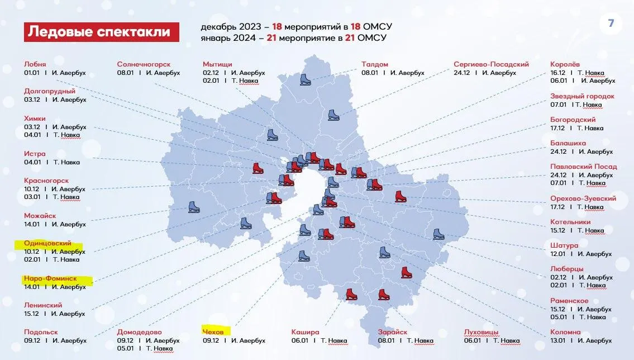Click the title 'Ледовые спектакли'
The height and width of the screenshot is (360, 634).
tap(101, 32)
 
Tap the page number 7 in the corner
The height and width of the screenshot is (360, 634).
tap(611, 24)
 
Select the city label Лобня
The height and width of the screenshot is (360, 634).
tap(35, 64)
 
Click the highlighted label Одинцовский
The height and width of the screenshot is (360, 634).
tap(47, 244)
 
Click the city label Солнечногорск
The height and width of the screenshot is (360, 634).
tap(144, 64)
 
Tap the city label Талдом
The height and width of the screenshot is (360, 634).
tap(374, 64)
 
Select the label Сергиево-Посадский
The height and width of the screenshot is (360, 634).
tap(491, 64)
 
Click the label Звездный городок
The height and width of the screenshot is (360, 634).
tap(582, 96)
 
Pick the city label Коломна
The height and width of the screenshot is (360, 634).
tap(565, 332)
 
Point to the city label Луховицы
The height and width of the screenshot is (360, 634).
tap(481, 332)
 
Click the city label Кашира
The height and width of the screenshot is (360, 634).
tap(305, 332)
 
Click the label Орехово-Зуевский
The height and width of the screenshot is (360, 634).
tap(583, 198)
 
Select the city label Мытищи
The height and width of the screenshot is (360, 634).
tap(217, 64)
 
